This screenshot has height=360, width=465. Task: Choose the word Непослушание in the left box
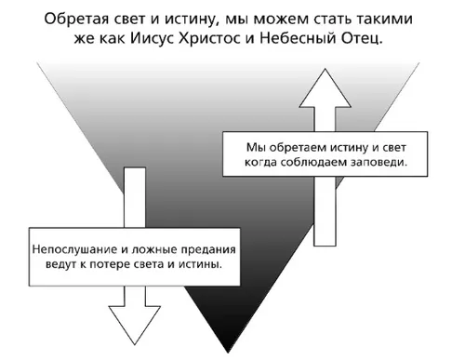click(x=71, y=248)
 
